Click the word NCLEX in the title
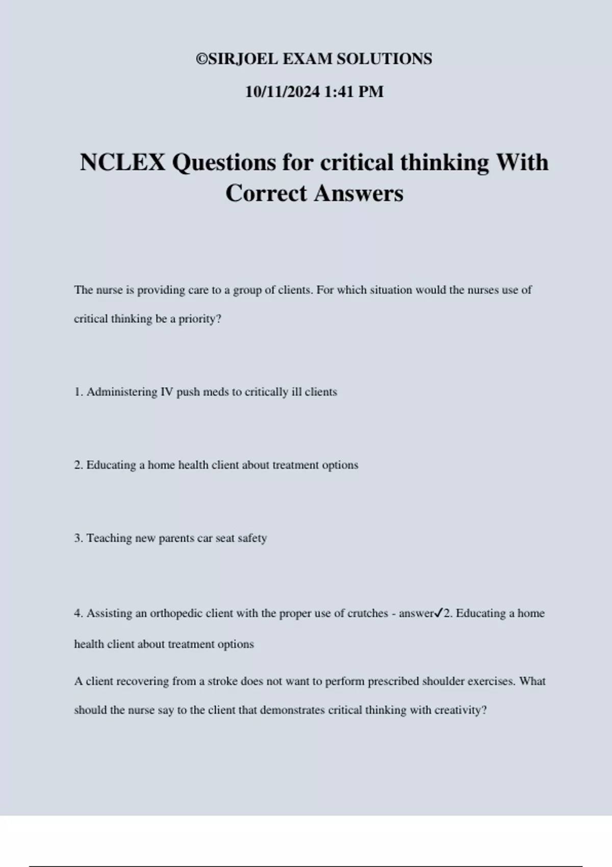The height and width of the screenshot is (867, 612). (122, 163)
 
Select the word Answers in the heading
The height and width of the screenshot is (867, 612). (359, 193)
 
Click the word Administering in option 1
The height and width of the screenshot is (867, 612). (122, 392)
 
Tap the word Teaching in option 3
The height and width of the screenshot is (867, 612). (109, 538)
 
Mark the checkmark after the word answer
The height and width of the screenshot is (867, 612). (439, 613)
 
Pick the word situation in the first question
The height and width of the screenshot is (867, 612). (391, 290)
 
